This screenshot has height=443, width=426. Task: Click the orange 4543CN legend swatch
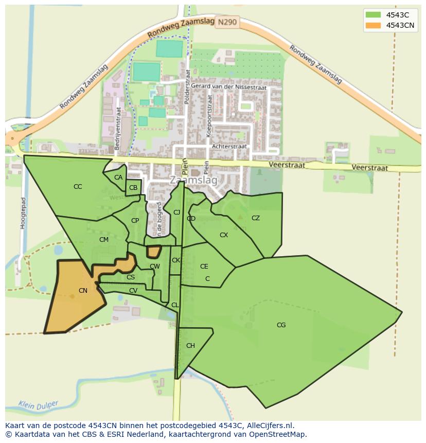click(x=373, y=25)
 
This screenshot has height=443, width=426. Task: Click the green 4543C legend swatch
click(x=373, y=15)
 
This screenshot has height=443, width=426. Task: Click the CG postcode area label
click(x=281, y=325)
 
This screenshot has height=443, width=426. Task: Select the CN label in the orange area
click(x=83, y=291)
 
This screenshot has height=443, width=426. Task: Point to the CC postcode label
click(x=78, y=187)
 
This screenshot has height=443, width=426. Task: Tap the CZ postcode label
click(x=256, y=218)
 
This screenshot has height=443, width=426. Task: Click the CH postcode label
click(x=190, y=346)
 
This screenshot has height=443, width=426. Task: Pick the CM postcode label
click(x=104, y=240)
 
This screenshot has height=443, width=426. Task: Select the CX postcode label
click(x=224, y=235)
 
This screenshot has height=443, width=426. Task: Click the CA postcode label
click(x=118, y=178)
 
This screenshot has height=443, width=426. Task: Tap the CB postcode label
click(x=133, y=188)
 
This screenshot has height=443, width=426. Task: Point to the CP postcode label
click(x=135, y=221)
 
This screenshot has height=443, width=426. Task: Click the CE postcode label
click(x=204, y=267)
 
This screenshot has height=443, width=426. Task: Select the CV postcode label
click(x=133, y=291)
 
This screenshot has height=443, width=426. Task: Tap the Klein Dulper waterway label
click(x=38, y=405)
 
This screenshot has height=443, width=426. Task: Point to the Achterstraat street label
click(x=229, y=147)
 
